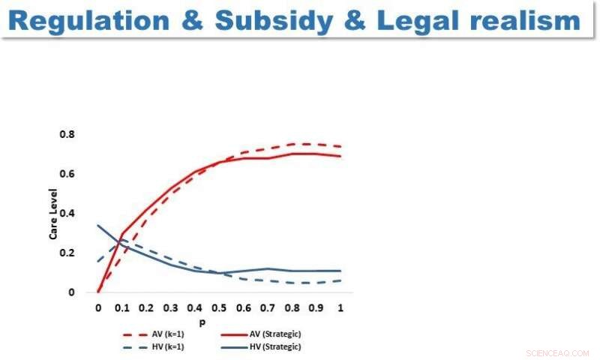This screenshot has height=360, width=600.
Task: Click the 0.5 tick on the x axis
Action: [220, 307]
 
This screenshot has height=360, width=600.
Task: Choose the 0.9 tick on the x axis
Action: [316, 307]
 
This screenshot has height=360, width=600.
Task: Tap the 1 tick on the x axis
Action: [341, 307]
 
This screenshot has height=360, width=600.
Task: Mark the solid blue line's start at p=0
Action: [98, 225]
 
